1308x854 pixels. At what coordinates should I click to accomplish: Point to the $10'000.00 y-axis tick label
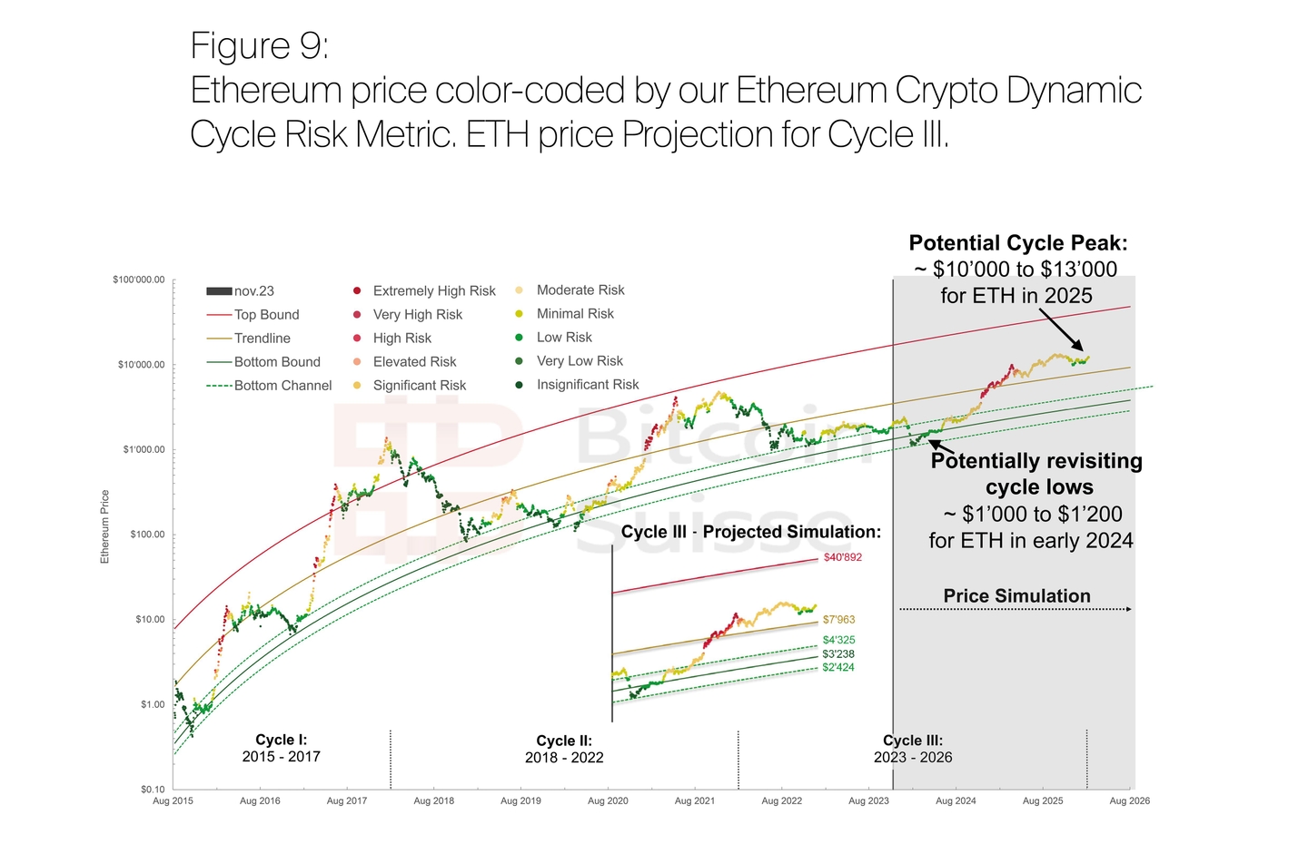coord(142,365)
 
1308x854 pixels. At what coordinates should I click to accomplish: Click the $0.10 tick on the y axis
coord(153,790)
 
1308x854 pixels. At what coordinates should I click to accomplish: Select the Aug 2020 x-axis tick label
coord(608,801)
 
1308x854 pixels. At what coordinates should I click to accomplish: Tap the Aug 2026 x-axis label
coord(1130,801)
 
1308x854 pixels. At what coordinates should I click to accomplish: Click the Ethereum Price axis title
coord(104,526)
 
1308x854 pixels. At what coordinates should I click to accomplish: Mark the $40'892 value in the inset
coord(842,557)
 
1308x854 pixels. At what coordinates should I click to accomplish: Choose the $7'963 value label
coord(838,620)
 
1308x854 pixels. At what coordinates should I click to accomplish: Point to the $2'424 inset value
coord(837,668)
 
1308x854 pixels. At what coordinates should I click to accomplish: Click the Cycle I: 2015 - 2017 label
coord(281,749)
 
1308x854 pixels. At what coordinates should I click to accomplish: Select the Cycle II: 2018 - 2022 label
coord(564,750)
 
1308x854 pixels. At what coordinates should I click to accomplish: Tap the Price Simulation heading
coord(1016,596)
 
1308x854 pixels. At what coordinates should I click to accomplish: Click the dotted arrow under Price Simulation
coord(1016,609)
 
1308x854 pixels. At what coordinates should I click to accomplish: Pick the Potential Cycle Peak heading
coord(1017,243)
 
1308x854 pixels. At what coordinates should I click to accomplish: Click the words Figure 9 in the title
coord(259,45)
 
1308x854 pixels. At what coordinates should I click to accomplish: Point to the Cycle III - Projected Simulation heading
coord(750,532)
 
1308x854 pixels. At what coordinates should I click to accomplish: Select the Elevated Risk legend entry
coord(414,362)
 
